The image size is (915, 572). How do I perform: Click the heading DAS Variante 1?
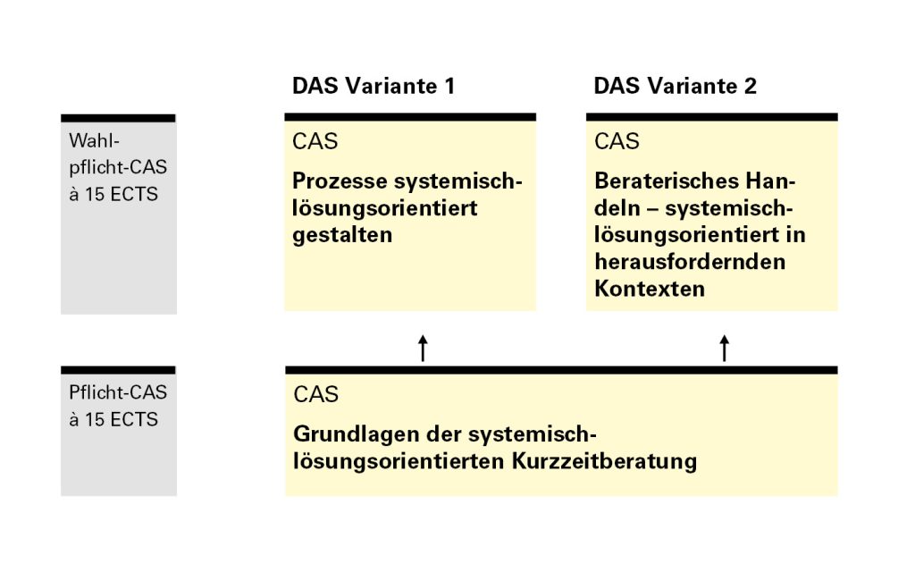click(374, 86)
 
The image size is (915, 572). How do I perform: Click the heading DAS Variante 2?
click(676, 86)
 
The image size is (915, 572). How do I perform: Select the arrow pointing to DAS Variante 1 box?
click(423, 348)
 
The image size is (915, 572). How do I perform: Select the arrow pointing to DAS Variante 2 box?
click(725, 348)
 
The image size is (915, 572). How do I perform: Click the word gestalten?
click(342, 235)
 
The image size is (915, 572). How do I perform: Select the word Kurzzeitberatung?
click(604, 462)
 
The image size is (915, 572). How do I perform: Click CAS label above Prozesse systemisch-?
click(315, 141)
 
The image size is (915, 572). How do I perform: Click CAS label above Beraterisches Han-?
click(617, 141)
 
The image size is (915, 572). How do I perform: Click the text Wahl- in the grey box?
click(94, 140)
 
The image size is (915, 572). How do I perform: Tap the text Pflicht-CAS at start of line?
click(118, 392)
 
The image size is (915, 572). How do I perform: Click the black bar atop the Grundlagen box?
click(561, 369)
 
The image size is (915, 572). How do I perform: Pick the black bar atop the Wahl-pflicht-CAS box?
click(118, 118)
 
